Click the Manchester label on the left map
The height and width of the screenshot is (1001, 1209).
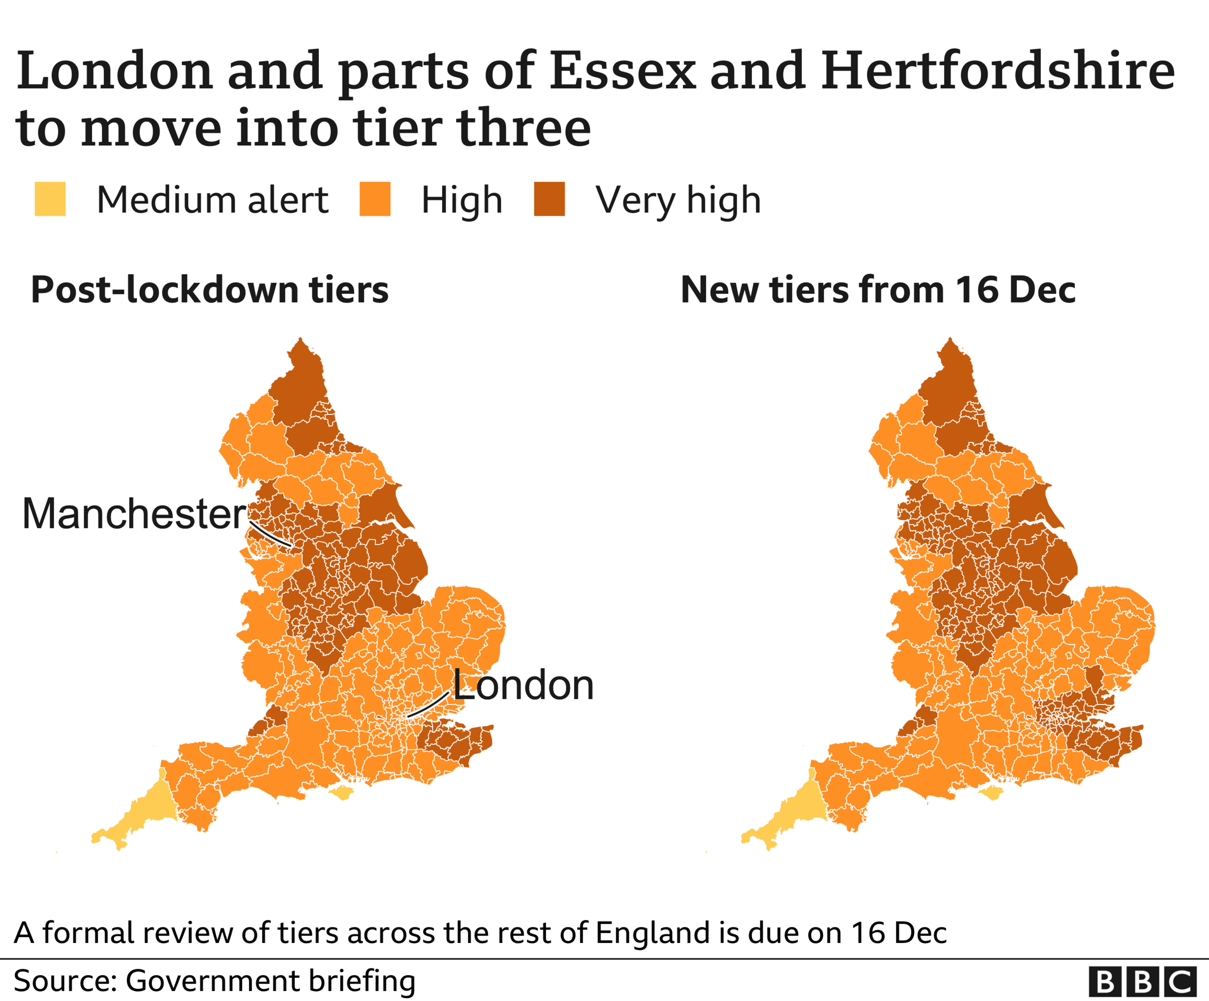tap(134, 513)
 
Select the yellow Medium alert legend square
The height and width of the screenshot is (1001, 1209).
tap(50, 199)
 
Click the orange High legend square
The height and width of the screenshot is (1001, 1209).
tap(375, 199)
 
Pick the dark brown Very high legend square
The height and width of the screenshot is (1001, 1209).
tap(549, 199)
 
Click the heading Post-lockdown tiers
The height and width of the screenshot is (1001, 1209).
tap(210, 289)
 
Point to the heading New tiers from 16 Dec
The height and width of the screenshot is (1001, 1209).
tap(877, 289)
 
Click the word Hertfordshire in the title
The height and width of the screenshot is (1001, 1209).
tap(997, 71)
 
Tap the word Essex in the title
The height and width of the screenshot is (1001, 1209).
tap(622, 71)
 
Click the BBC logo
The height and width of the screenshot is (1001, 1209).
tap(1142, 982)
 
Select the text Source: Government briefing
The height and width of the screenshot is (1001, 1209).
tap(214, 981)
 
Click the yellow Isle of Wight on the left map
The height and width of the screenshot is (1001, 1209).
tap(341, 793)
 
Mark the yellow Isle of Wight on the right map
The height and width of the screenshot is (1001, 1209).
tap(991, 794)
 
